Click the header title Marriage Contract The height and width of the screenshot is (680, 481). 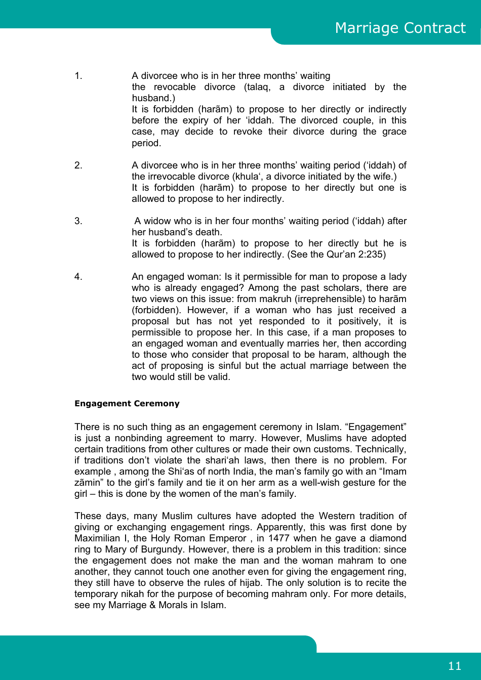[400, 28]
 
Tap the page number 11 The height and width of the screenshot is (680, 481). [455, 666]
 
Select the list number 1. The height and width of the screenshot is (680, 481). [78, 76]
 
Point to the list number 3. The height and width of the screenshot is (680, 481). [78, 221]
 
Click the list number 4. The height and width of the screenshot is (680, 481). [78, 277]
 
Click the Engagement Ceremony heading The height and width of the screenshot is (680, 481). [127, 404]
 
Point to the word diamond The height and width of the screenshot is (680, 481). [388, 538]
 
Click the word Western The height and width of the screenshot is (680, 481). [337, 516]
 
